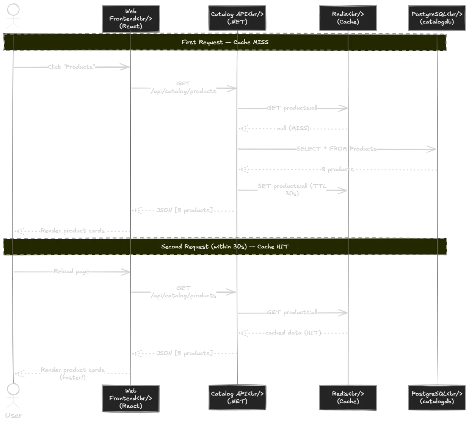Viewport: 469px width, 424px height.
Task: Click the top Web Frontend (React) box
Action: pyautogui.click(x=131, y=19)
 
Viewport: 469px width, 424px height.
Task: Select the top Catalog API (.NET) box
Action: pyautogui.click(x=237, y=18)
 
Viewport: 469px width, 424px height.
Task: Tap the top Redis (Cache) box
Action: pyautogui.click(x=348, y=18)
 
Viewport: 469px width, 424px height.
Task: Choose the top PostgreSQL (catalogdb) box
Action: pyautogui.click(x=437, y=18)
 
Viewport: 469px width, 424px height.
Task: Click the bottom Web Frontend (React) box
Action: pyautogui.click(x=131, y=398)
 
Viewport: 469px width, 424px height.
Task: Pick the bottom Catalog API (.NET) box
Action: pyautogui.click(x=237, y=397)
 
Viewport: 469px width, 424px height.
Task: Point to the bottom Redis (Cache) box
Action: pyautogui.click(x=348, y=397)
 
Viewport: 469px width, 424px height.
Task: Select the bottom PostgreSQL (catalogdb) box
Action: pyautogui.click(x=437, y=397)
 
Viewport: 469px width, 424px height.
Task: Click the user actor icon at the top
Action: pyautogui.click(x=14, y=17)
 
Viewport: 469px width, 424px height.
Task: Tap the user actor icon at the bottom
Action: pyautogui.click(x=14, y=396)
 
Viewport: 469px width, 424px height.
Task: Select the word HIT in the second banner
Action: pyautogui.click(x=282, y=247)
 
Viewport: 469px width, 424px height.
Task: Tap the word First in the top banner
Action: pyautogui.click(x=188, y=42)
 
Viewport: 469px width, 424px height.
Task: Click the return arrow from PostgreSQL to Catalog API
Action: pyautogui.click(x=337, y=170)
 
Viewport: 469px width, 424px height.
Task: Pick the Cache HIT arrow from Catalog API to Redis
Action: pyautogui.click(x=292, y=313)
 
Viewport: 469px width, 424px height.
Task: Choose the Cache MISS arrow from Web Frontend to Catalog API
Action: pyautogui.click(x=184, y=88)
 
